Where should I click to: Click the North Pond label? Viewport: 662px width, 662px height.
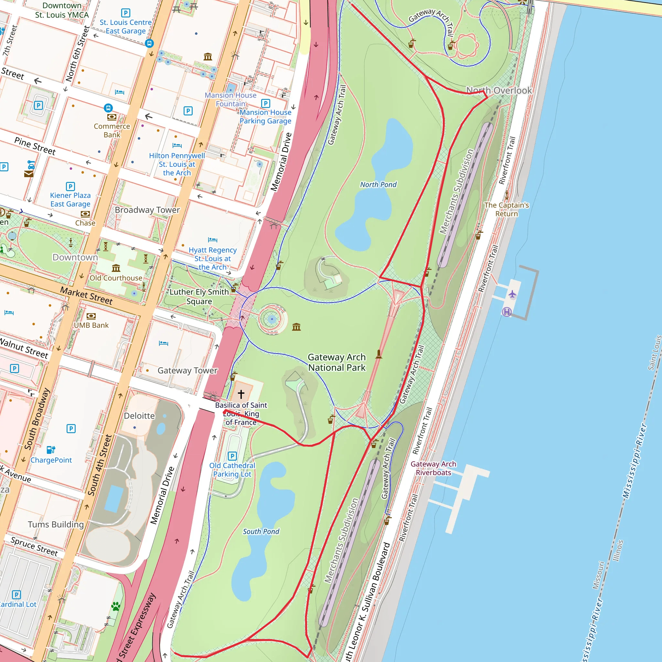click(x=378, y=185)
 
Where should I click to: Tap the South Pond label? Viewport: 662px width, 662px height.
click(x=261, y=531)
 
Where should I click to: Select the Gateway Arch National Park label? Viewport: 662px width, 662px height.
click(x=336, y=362)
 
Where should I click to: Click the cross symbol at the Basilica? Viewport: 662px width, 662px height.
click(x=241, y=394)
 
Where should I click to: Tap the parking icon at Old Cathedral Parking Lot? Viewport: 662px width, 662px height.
click(x=232, y=456)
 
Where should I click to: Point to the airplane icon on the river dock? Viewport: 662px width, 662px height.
click(x=512, y=294)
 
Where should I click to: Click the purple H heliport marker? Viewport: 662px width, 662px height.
click(x=507, y=312)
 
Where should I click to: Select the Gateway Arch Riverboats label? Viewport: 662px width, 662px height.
click(x=433, y=468)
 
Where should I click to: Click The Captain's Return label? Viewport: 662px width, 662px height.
click(x=506, y=209)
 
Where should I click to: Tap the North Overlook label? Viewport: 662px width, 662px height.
click(x=499, y=91)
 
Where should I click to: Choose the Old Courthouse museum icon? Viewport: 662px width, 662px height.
click(x=116, y=268)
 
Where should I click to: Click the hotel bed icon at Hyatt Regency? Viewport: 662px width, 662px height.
click(x=212, y=240)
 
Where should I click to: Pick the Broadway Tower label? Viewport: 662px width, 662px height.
click(x=147, y=210)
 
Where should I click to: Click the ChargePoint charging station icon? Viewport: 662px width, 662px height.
click(x=51, y=450)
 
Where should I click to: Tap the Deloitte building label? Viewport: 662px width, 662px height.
click(x=139, y=416)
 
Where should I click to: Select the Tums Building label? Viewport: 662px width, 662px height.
click(x=56, y=524)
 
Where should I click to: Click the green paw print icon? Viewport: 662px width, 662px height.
click(x=116, y=607)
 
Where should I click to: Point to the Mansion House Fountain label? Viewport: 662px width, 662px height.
click(x=230, y=99)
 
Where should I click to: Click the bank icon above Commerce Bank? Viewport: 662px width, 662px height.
click(x=112, y=117)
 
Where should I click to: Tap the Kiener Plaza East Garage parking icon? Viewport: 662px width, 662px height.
click(x=70, y=187)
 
